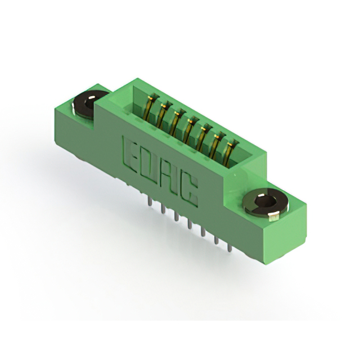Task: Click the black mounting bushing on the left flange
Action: [x=89, y=105]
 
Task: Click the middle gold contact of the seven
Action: [x=190, y=130]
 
